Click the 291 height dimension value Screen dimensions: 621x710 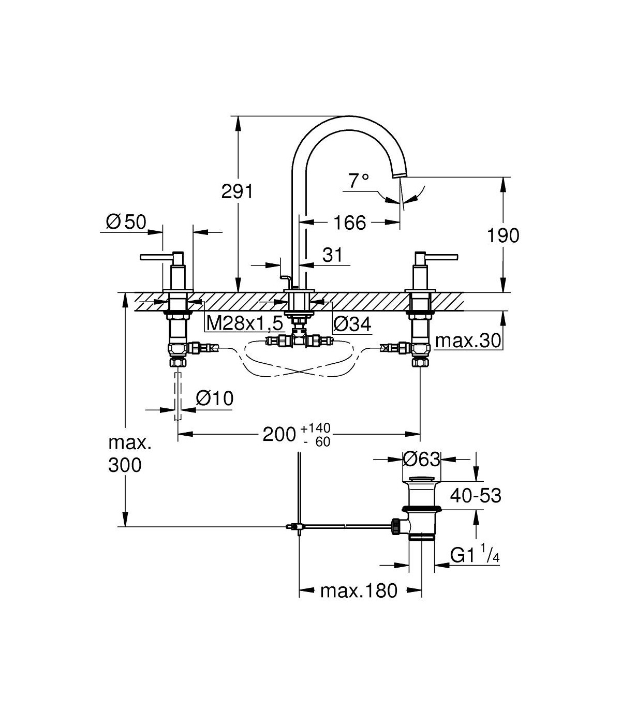click(x=238, y=191)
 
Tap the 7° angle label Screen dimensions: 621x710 click(x=359, y=181)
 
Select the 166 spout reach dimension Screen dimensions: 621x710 click(x=350, y=223)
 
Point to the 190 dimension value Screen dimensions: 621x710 click(x=503, y=235)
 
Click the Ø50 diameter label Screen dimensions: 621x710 click(x=126, y=221)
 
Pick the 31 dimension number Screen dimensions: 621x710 click(x=332, y=255)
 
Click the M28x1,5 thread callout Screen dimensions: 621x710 click(x=245, y=324)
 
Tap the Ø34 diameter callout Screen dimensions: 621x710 click(x=352, y=324)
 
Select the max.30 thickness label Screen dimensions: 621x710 click(x=468, y=341)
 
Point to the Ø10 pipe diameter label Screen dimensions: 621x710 click(x=215, y=398)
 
